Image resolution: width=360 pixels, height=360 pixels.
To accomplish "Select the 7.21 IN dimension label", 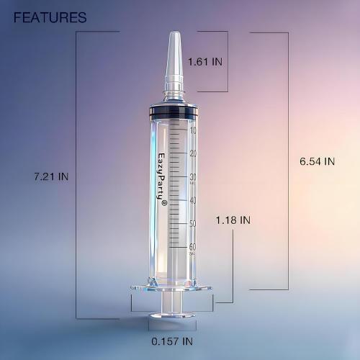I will point(50,176).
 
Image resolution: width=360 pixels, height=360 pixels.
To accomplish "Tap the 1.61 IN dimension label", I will point(205,62).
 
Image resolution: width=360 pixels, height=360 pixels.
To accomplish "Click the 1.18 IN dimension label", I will point(235,219).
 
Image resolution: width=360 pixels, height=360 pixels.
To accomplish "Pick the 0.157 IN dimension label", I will point(171,341).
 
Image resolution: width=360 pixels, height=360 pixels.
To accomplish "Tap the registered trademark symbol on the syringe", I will point(163,204).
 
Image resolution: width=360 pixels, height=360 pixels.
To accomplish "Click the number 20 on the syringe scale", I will point(192,153).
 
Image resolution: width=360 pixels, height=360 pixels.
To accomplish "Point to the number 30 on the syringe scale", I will point(192,177).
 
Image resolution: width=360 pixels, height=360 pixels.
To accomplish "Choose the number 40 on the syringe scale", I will point(192,200).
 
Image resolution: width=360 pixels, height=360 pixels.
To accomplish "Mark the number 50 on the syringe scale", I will point(192,224).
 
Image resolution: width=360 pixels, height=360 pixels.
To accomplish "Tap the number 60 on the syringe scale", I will point(192,247).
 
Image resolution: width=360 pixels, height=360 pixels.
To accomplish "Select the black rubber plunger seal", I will point(174,113).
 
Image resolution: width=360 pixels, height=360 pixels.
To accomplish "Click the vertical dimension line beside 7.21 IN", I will point(76,176).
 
